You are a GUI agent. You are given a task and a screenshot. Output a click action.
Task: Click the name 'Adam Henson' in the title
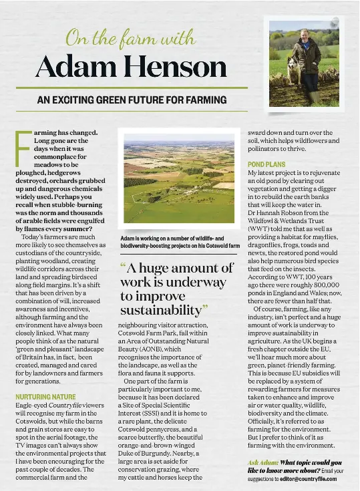[x=131, y=67]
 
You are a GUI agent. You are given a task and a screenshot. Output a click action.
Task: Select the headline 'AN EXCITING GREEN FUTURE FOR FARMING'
[x=131, y=100]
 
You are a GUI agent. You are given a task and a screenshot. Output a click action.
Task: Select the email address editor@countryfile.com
[x=309, y=478]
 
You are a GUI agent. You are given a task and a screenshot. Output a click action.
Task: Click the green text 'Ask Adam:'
[x=263, y=462]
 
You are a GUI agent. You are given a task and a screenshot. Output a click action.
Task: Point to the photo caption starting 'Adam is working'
[x=179, y=242]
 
